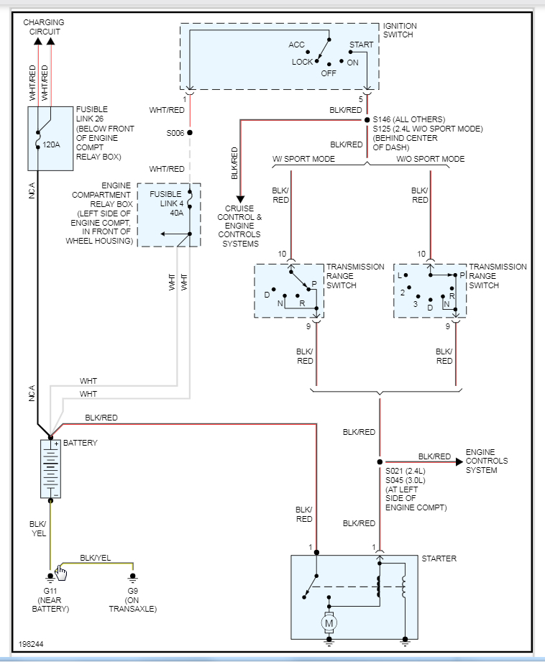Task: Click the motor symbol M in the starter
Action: click(329, 623)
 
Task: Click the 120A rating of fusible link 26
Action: click(51, 144)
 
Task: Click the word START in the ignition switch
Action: click(361, 45)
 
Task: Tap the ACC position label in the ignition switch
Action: click(297, 45)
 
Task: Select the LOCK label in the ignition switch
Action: click(302, 62)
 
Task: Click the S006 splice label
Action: click(175, 133)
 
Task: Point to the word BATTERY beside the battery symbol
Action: click(80, 443)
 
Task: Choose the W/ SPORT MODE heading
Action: click(303, 159)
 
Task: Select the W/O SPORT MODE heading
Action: click(430, 159)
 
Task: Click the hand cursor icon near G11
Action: click(61, 572)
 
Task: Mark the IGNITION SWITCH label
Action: click(399, 30)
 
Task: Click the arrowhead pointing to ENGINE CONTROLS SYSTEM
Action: click(457, 462)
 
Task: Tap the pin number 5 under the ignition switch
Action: click(362, 99)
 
